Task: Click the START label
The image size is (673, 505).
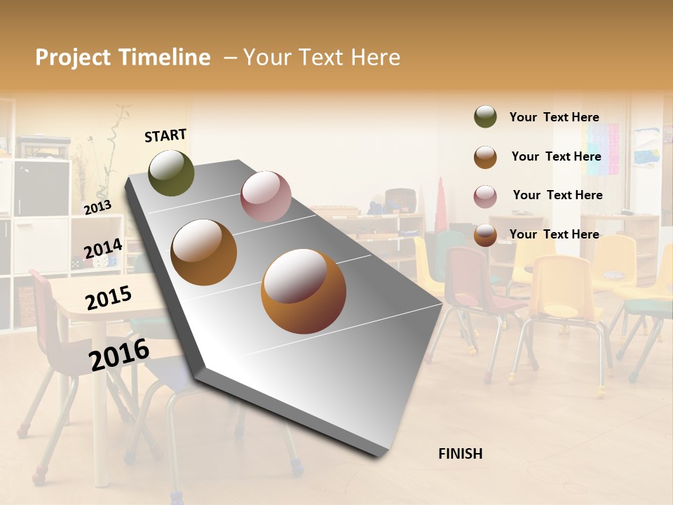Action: pyautogui.click(x=165, y=135)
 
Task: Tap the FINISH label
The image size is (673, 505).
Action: pyautogui.click(x=461, y=454)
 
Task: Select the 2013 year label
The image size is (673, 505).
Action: pyautogui.click(x=97, y=208)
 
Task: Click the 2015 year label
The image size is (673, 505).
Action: pyautogui.click(x=109, y=298)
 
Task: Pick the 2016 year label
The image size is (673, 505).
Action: pyautogui.click(x=119, y=354)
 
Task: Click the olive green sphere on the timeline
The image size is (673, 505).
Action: pyautogui.click(x=171, y=173)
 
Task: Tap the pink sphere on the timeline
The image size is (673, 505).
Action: pyautogui.click(x=266, y=196)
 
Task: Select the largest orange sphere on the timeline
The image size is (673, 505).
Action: pyautogui.click(x=304, y=291)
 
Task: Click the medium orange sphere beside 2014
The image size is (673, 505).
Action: pyautogui.click(x=204, y=252)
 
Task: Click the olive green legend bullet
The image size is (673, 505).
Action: pyautogui.click(x=485, y=117)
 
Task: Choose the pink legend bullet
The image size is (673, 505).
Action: pyautogui.click(x=485, y=196)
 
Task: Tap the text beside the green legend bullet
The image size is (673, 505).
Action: pyautogui.click(x=554, y=117)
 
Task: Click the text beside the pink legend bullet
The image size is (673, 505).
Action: pyautogui.click(x=557, y=195)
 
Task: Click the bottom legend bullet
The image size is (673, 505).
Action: pyautogui.click(x=485, y=235)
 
